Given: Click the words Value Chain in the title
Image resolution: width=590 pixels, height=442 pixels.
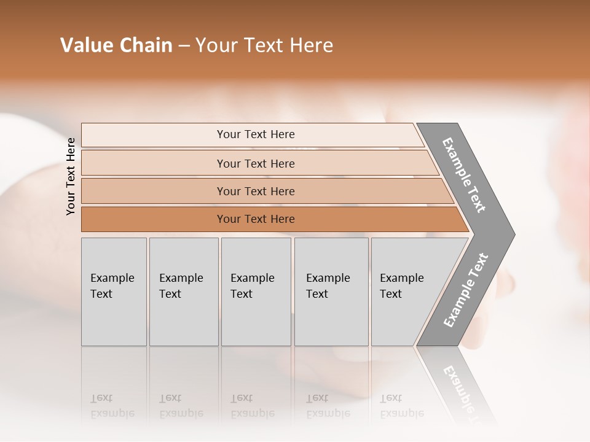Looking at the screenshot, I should point(116,45).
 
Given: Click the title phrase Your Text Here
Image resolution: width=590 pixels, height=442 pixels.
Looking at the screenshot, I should point(264,45).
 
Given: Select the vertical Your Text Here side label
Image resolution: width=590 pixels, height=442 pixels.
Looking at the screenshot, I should point(71,176).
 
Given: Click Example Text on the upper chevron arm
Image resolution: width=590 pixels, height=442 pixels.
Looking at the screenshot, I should point(464,175).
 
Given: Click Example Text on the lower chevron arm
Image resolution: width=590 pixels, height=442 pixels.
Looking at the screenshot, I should point(466,290).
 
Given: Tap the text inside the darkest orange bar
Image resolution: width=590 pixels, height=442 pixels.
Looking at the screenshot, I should point(256,219).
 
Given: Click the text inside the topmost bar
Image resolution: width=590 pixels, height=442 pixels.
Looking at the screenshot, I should point(256,134).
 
